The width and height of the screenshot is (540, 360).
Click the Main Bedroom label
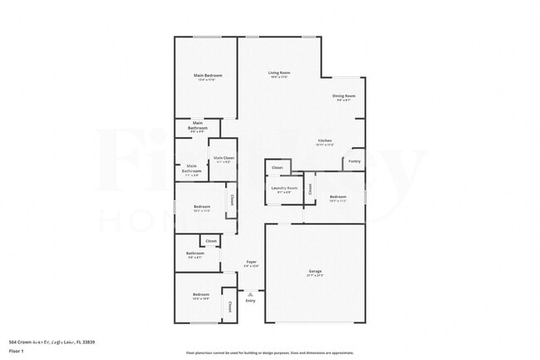point(208,76)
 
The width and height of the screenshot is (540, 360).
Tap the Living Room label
point(278,72)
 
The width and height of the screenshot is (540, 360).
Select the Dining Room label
point(345,96)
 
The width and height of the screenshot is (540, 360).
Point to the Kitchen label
point(326,141)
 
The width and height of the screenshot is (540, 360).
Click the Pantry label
point(354,160)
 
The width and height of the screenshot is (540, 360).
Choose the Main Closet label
point(223,157)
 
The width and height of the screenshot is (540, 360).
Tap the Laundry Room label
point(284,188)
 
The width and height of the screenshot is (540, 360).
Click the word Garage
point(315,271)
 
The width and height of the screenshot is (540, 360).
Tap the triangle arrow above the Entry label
point(250,294)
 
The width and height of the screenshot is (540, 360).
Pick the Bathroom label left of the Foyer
point(195,254)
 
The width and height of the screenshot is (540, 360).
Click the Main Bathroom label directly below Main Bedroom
point(197,126)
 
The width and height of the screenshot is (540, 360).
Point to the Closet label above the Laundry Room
point(277,168)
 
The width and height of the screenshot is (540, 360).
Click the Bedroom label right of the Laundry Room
point(337,197)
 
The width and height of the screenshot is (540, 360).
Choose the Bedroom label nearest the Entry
point(201,294)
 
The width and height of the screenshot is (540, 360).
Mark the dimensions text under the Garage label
point(315,276)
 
